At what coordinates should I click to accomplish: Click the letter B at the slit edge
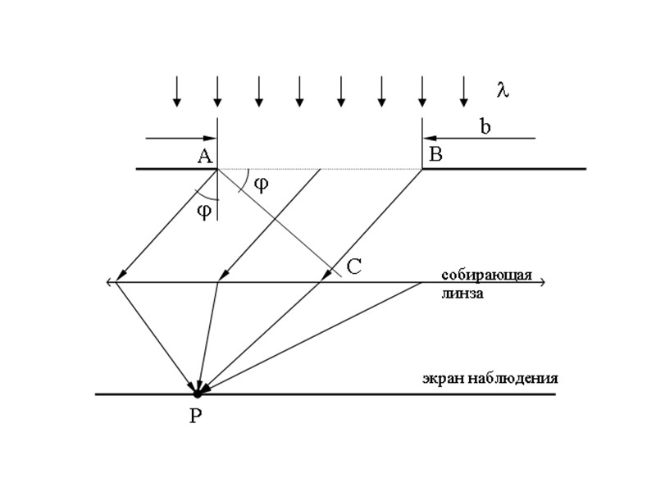(x=435, y=155)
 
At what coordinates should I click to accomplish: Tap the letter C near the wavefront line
(x=354, y=266)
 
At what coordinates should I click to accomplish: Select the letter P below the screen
(x=195, y=416)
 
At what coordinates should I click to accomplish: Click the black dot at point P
(x=197, y=394)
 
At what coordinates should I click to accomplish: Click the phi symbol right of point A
(x=261, y=184)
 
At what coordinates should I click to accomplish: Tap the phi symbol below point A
(x=205, y=211)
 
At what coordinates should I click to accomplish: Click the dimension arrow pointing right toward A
(x=180, y=139)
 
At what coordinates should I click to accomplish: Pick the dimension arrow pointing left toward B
(x=479, y=139)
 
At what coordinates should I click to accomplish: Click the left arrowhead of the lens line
(x=110, y=282)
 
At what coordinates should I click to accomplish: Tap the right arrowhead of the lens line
(x=541, y=282)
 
